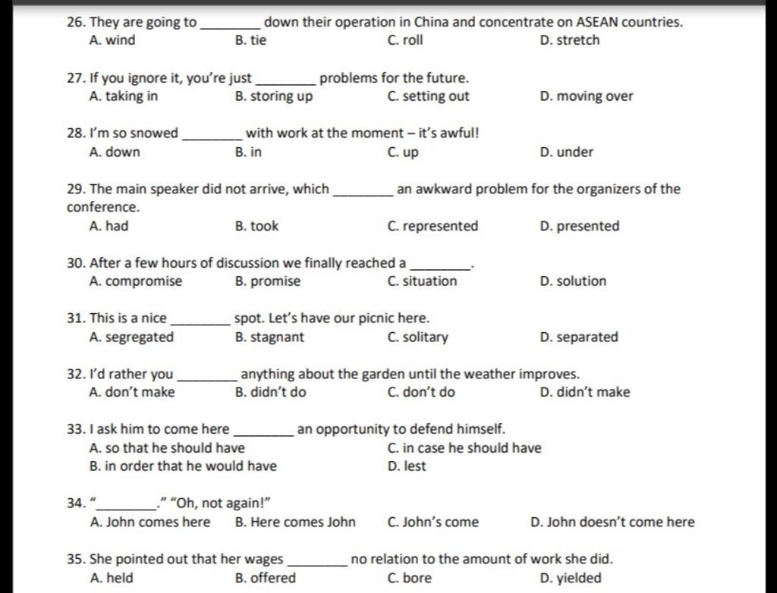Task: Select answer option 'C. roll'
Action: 404,40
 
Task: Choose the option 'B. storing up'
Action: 274,96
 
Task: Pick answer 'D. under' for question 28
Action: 566,152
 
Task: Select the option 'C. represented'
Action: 433,226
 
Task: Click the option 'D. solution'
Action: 573,281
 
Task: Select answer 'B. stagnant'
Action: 269,337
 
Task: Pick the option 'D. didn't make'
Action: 584,392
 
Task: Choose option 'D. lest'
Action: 407,466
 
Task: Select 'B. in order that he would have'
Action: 183,466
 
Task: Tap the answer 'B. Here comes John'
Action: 295,522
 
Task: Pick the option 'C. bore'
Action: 409,578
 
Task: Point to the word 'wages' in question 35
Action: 262,560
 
